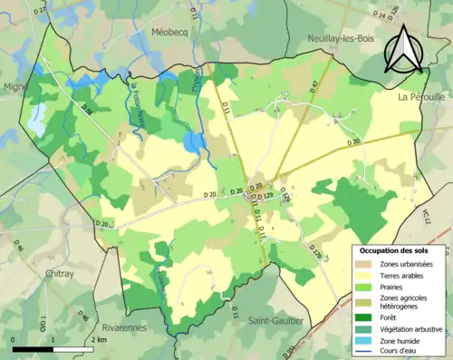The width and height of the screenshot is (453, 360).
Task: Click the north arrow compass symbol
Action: pyautogui.click(x=404, y=49)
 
